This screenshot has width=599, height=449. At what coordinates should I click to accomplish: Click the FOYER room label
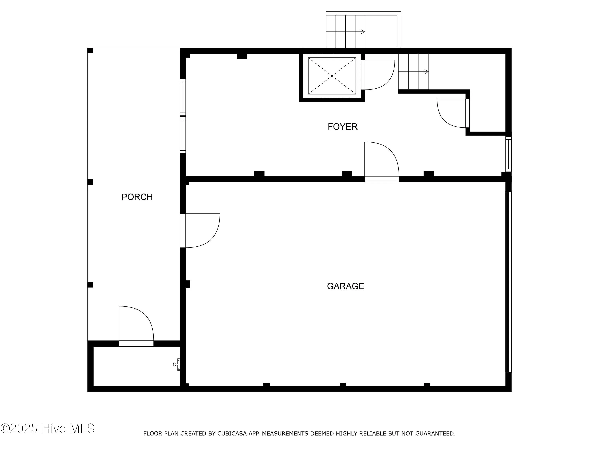pyautogui.click(x=343, y=127)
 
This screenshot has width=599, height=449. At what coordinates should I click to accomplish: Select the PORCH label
pyautogui.click(x=137, y=197)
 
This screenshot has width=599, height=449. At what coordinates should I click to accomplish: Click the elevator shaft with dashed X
pyautogui.click(x=332, y=76)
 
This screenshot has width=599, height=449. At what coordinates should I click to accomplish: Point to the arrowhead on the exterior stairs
pyautogui.click(x=363, y=32)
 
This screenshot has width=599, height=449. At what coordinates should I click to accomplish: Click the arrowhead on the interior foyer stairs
pyautogui.click(x=426, y=72)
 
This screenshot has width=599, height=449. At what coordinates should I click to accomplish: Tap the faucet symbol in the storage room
pyautogui.click(x=176, y=365)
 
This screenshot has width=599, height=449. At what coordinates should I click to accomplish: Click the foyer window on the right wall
pyautogui.click(x=509, y=154)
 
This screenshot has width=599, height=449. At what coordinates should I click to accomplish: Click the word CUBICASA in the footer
pyautogui.click(x=232, y=434)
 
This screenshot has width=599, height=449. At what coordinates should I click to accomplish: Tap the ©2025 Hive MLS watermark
pyautogui.click(x=48, y=428)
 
